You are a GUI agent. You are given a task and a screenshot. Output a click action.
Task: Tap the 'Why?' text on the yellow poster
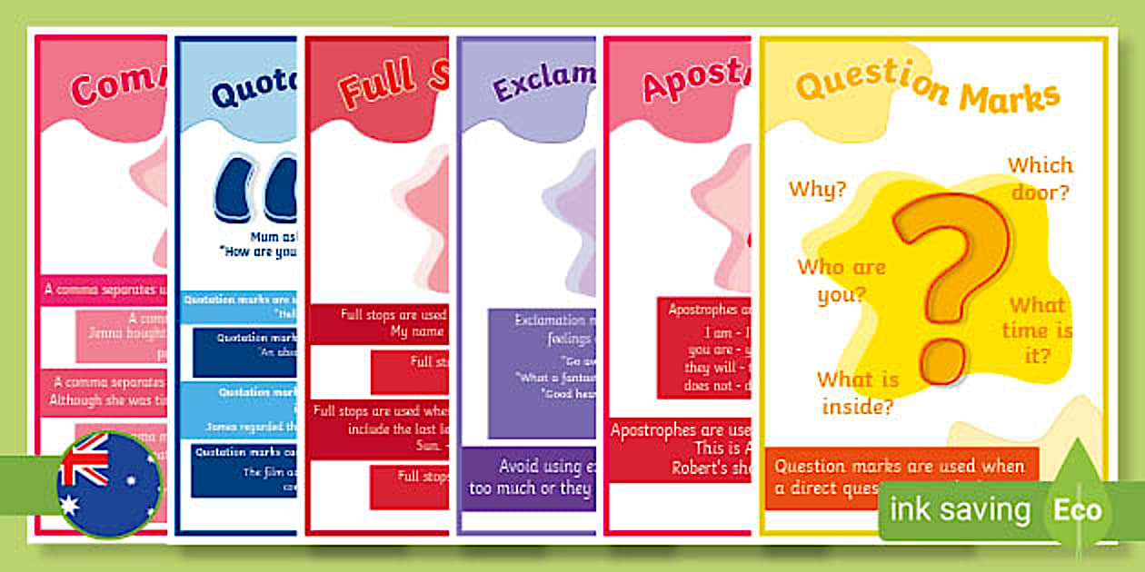(817, 190)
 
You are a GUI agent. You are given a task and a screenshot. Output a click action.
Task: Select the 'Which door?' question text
(1040, 179)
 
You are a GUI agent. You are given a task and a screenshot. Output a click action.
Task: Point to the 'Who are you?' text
(841, 281)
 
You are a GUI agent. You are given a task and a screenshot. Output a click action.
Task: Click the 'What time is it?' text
(1037, 330)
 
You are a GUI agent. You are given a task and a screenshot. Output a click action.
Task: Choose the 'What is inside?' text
(857, 392)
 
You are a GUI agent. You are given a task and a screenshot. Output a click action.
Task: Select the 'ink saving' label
(960, 509)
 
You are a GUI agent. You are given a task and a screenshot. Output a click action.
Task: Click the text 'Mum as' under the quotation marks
(273, 237)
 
